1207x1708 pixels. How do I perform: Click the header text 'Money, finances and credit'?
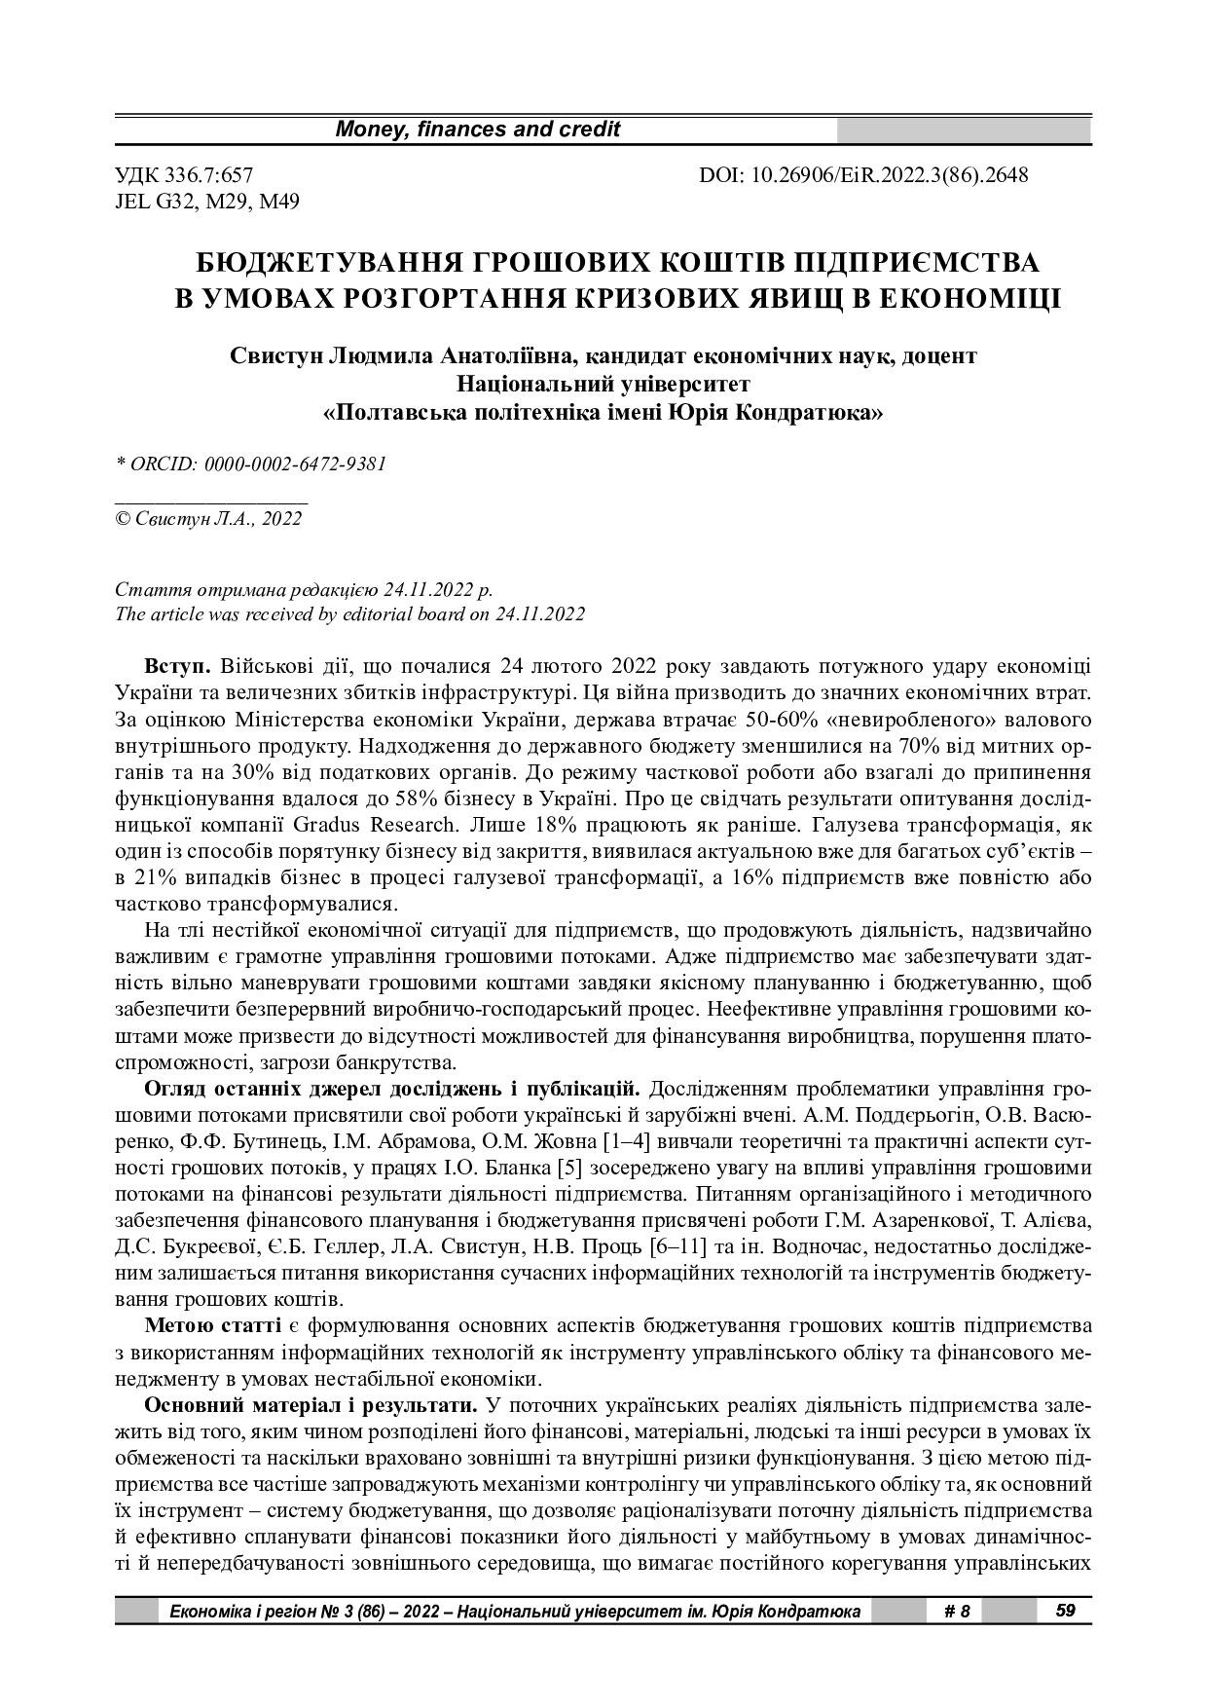click(477, 130)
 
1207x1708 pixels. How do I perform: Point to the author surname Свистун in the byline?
click(274, 355)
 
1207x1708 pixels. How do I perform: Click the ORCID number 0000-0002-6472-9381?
click(296, 464)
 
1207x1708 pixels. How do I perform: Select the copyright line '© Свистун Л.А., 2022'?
click(208, 519)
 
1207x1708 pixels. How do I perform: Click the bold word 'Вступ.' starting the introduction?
click(177, 667)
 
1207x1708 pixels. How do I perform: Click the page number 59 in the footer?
click(1065, 1611)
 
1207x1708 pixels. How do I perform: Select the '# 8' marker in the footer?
click(958, 1612)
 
